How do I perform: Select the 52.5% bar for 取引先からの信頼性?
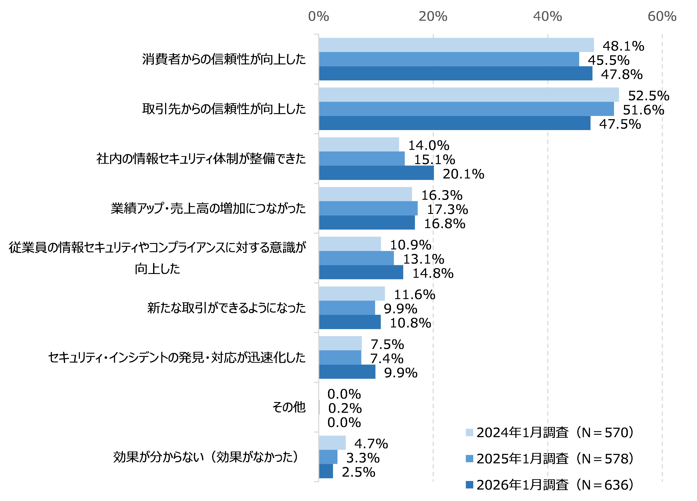(x=469, y=95)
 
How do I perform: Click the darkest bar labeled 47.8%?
(x=455, y=73)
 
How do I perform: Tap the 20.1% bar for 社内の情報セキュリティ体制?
(x=376, y=173)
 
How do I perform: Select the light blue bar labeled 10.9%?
(x=350, y=244)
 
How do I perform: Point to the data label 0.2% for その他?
(x=345, y=408)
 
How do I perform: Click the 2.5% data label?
(x=358, y=472)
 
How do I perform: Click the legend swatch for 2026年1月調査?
(x=469, y=485)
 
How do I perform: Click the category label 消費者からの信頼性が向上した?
(x=224, y=59)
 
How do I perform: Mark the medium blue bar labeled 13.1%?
(x=356, y=258)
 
